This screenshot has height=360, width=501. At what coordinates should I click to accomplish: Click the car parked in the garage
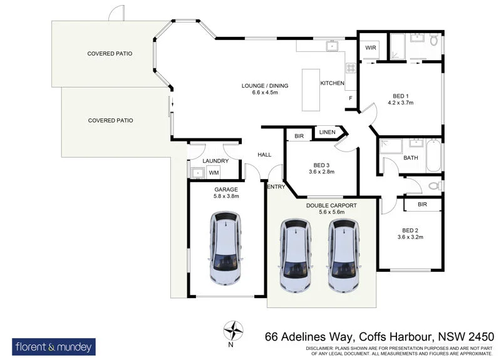(x=226, y=249)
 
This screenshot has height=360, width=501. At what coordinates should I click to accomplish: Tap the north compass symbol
(x=234, y=329)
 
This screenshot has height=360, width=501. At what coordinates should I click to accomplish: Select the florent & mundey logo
(x=53, y=346)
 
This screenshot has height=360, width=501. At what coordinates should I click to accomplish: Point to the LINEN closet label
(x=327, y=132)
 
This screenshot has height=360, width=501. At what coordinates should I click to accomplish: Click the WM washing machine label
(x=214, y=173)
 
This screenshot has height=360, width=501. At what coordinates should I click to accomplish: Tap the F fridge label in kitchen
(x=349, y=98)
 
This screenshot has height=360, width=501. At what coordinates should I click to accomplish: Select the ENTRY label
(x=276, y=187)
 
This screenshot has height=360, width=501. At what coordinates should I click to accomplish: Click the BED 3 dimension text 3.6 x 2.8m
(x=322, y=171)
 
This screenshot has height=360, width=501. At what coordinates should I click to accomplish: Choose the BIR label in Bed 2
(x=423, y=204)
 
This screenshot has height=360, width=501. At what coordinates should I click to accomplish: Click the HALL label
(x=264, y=155)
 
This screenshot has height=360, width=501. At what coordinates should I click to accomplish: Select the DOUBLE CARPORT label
(x=331, y=205)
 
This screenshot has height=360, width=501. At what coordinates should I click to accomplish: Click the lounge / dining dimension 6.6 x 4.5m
(x=260, y=92)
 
